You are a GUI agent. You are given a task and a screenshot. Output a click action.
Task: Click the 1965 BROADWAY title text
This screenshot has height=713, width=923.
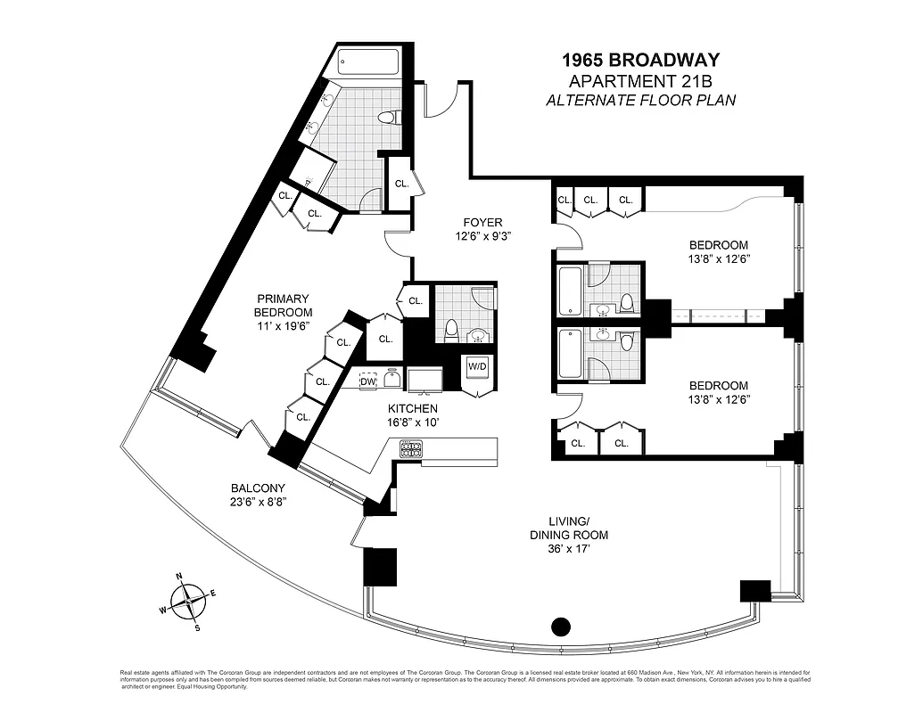640,61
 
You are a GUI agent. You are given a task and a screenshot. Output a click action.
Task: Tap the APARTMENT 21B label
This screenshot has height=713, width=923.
640,82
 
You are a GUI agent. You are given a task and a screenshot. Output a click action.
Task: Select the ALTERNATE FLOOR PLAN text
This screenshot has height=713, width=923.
640,101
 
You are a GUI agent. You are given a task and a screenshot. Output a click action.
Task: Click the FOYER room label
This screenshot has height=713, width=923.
482,223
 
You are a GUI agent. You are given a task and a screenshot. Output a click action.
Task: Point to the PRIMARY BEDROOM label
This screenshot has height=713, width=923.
283,306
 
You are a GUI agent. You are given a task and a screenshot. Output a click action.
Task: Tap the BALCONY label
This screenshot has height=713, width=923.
258,488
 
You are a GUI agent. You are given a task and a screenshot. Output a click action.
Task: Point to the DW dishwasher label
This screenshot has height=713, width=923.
367,382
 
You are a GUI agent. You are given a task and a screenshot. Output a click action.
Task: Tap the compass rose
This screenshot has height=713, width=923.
188,602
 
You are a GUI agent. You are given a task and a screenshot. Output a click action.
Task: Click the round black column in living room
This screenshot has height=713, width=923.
560,627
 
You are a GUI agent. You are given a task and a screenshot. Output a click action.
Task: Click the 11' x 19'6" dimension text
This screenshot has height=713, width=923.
283,327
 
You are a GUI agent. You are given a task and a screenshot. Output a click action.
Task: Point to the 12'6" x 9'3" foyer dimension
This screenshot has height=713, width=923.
482,238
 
